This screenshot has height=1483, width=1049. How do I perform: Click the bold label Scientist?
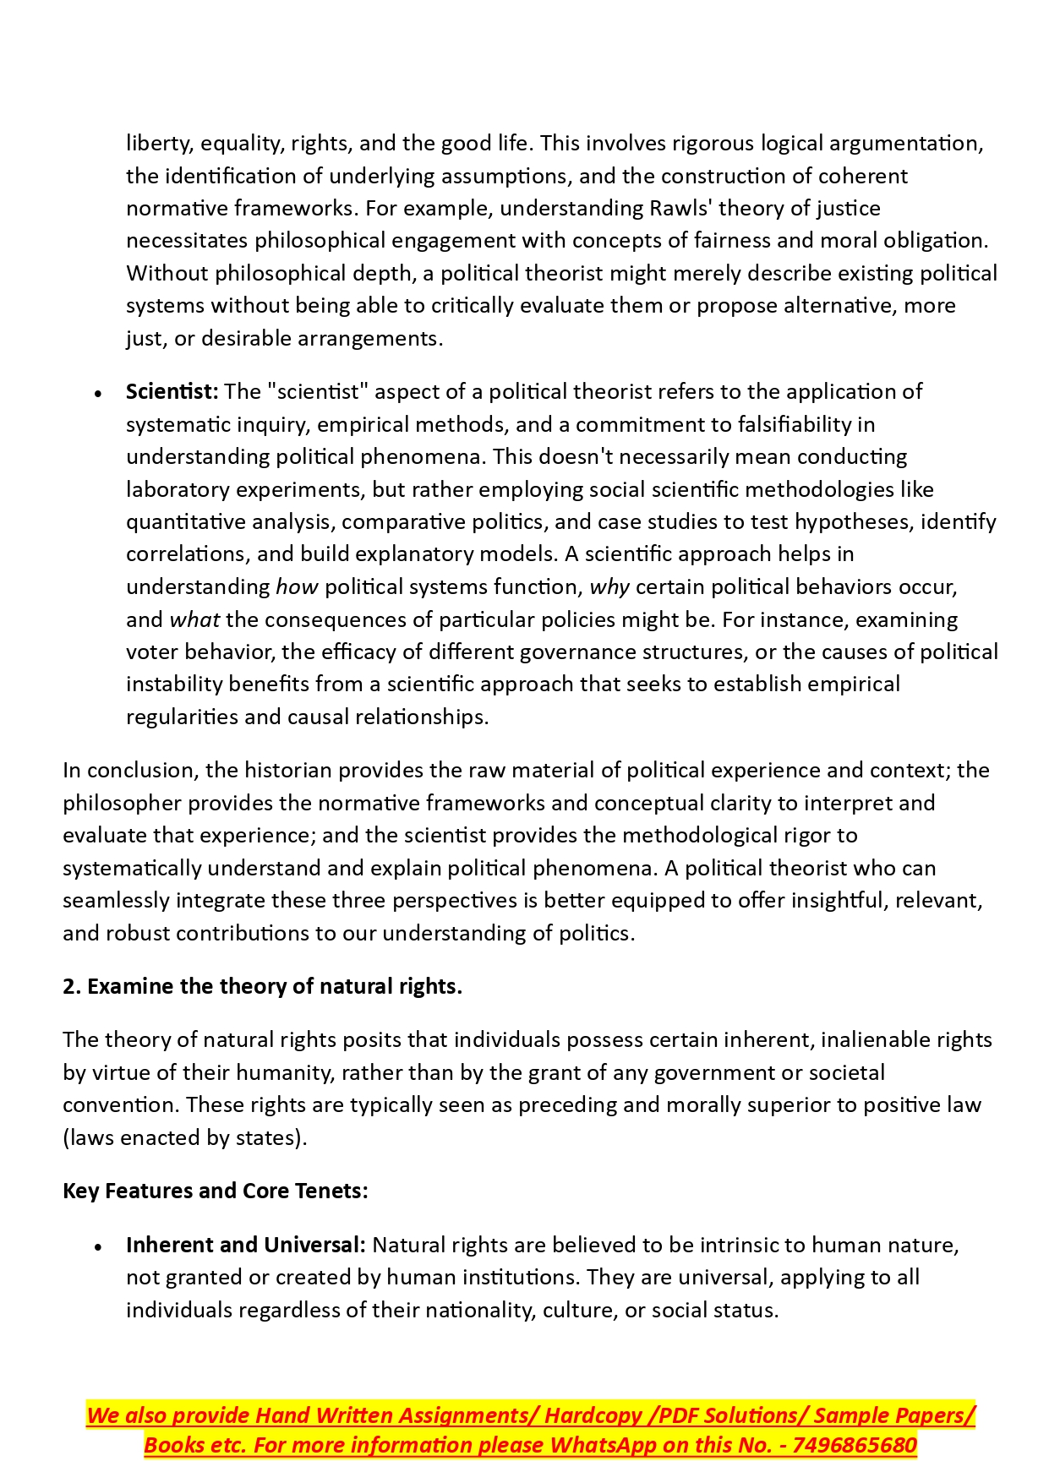172,392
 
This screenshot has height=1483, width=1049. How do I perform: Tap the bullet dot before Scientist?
99,394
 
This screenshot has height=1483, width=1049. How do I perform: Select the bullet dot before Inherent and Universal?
99,1247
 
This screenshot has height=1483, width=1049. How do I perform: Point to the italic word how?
297,587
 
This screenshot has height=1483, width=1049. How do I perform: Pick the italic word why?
609,587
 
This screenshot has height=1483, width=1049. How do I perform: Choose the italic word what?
194,620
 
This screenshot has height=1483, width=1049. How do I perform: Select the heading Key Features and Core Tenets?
216,1191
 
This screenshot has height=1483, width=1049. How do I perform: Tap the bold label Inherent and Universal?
245,1246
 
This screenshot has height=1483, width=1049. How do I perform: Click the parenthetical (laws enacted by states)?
184,1138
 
